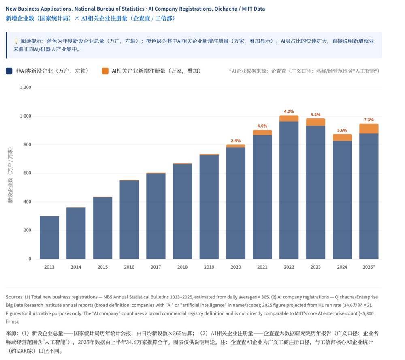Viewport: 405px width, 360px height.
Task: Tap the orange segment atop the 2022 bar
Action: click(x=289, y=118)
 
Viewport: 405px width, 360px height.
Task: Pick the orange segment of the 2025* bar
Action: click(x=369, y=129)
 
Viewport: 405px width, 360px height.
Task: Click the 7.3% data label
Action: click(x=369, y=120)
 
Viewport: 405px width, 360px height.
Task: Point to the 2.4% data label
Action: click(x=236, y=141)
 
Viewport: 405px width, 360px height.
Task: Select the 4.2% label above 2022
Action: click(x=289, y=111)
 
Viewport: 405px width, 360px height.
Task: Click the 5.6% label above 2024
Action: click(x=342, y=130)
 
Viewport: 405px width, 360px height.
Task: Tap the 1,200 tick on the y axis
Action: click(x=26, y=87)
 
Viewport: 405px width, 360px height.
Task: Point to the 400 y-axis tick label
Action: click(x=27, y=202)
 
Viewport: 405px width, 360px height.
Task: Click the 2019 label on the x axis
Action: click(x=209, y=267)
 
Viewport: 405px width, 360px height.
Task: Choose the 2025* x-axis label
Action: click(x=369, y=267)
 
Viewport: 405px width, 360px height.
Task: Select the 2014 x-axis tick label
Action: click(x=76, y=267)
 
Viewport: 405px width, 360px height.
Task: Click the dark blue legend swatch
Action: click(x=9, y=71)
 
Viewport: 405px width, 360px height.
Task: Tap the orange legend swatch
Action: click(x=105, y=71)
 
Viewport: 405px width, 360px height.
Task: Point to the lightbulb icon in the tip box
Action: click(x=16, y=41)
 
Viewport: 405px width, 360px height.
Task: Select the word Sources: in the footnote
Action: click(x=15, y=297)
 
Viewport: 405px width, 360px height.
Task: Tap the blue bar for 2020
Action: click(x=236, y=203)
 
